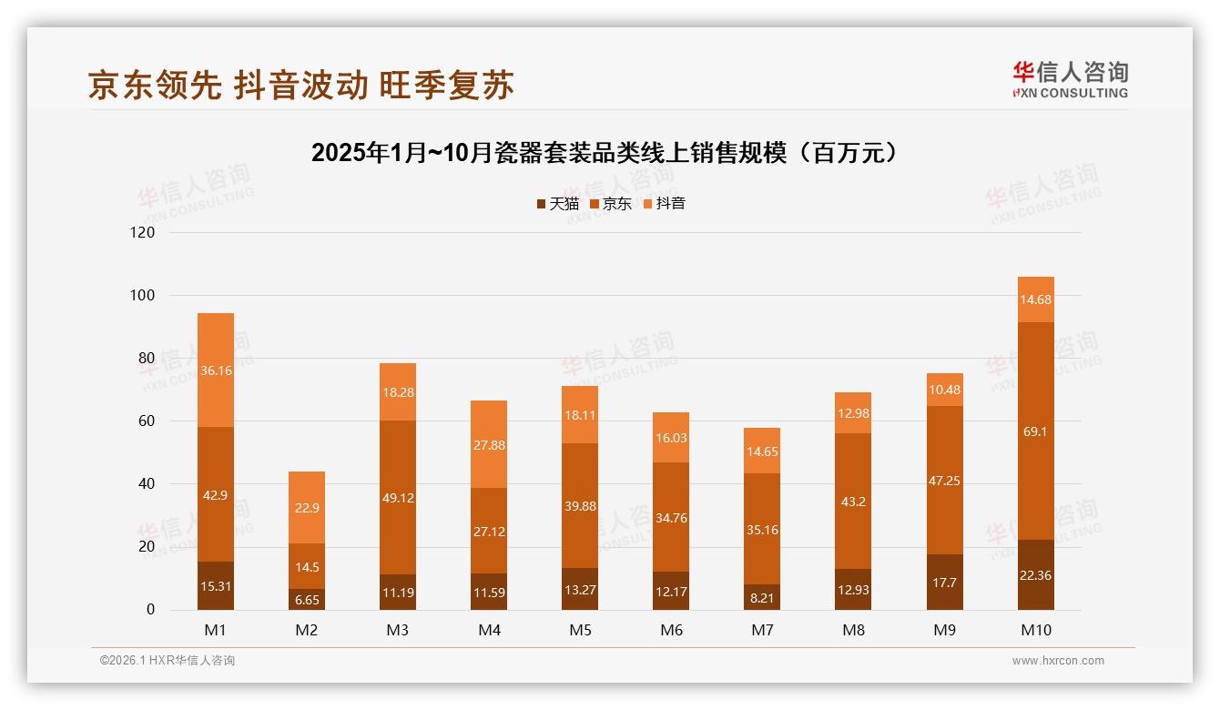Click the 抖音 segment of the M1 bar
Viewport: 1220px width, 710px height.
point(216,370)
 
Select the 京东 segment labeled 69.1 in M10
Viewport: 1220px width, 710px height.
point(1035,431)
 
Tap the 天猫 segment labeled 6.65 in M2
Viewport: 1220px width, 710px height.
point(307,599)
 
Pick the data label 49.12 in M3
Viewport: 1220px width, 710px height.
point(398,498)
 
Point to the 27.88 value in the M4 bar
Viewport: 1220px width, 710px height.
point(489,444)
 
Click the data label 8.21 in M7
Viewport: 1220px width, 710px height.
point(762,599)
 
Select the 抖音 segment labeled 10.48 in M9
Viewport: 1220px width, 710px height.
point(944,390)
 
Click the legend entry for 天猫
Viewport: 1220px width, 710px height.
point(557,204)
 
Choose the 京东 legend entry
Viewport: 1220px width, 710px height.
point(611,204)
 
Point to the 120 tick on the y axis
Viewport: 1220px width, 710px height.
point(143,232)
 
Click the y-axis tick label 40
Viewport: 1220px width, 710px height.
point(147,484)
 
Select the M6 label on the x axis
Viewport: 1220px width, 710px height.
point(671,630)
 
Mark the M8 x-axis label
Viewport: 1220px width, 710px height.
point(853,630)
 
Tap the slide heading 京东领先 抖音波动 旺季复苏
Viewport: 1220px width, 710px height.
point(301,85)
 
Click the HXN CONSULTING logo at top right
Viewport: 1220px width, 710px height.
point(1070,80)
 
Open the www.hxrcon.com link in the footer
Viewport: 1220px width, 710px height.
point(1058,661)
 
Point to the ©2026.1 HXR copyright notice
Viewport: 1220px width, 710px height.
point(168,661)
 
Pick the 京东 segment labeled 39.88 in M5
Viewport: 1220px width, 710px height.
point(580,505)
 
